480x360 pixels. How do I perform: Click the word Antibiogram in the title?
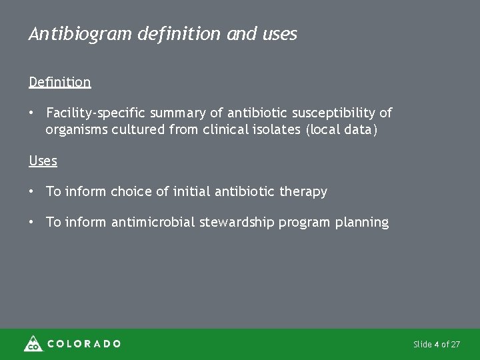pyautogui.click(x=81, y=34)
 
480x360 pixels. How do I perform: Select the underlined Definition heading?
pyautogui.click(x=59, y=82)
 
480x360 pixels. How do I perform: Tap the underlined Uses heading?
pyautogui.click(x=43, y=161)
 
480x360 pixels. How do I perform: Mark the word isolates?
pyautogui.click(x=273, y=129)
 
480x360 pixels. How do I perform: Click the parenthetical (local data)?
pyautogui.click(x=341, y=129)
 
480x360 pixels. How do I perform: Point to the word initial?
pyautogui.click(x=189, y=192)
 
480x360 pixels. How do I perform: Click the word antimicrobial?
pyautogui.click(x=155, y=223)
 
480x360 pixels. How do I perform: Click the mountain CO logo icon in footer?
pyautogui.click(x=33, y=343)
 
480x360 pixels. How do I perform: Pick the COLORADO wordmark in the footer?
pyautogui.click(x=84, y=344)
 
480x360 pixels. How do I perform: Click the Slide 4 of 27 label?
pyautogui.click(x=437, y=345)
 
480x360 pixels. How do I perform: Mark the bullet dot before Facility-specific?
pyautogui.click(x=31, y=114)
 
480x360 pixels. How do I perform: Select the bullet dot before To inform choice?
pyautogui.click(x=31, y=192)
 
